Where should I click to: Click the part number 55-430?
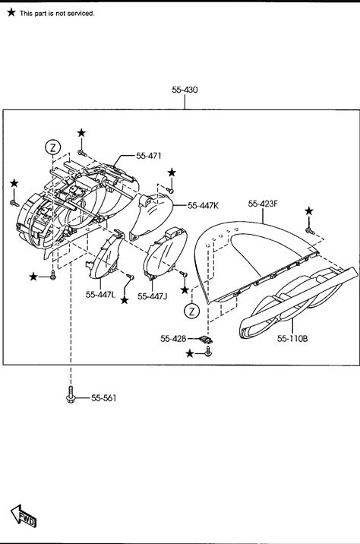pos(185,90)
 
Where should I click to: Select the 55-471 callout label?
pos(148,156)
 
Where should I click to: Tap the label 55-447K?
pos(203,206)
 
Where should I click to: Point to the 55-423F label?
pos(263,204)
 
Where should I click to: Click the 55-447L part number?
pos(100,295)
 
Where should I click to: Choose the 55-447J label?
pos(152,296)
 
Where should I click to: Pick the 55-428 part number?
pos(173,338)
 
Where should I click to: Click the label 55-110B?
pos(292,339)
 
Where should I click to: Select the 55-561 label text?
pos(104,398)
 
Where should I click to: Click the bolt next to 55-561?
pos(71,395)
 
